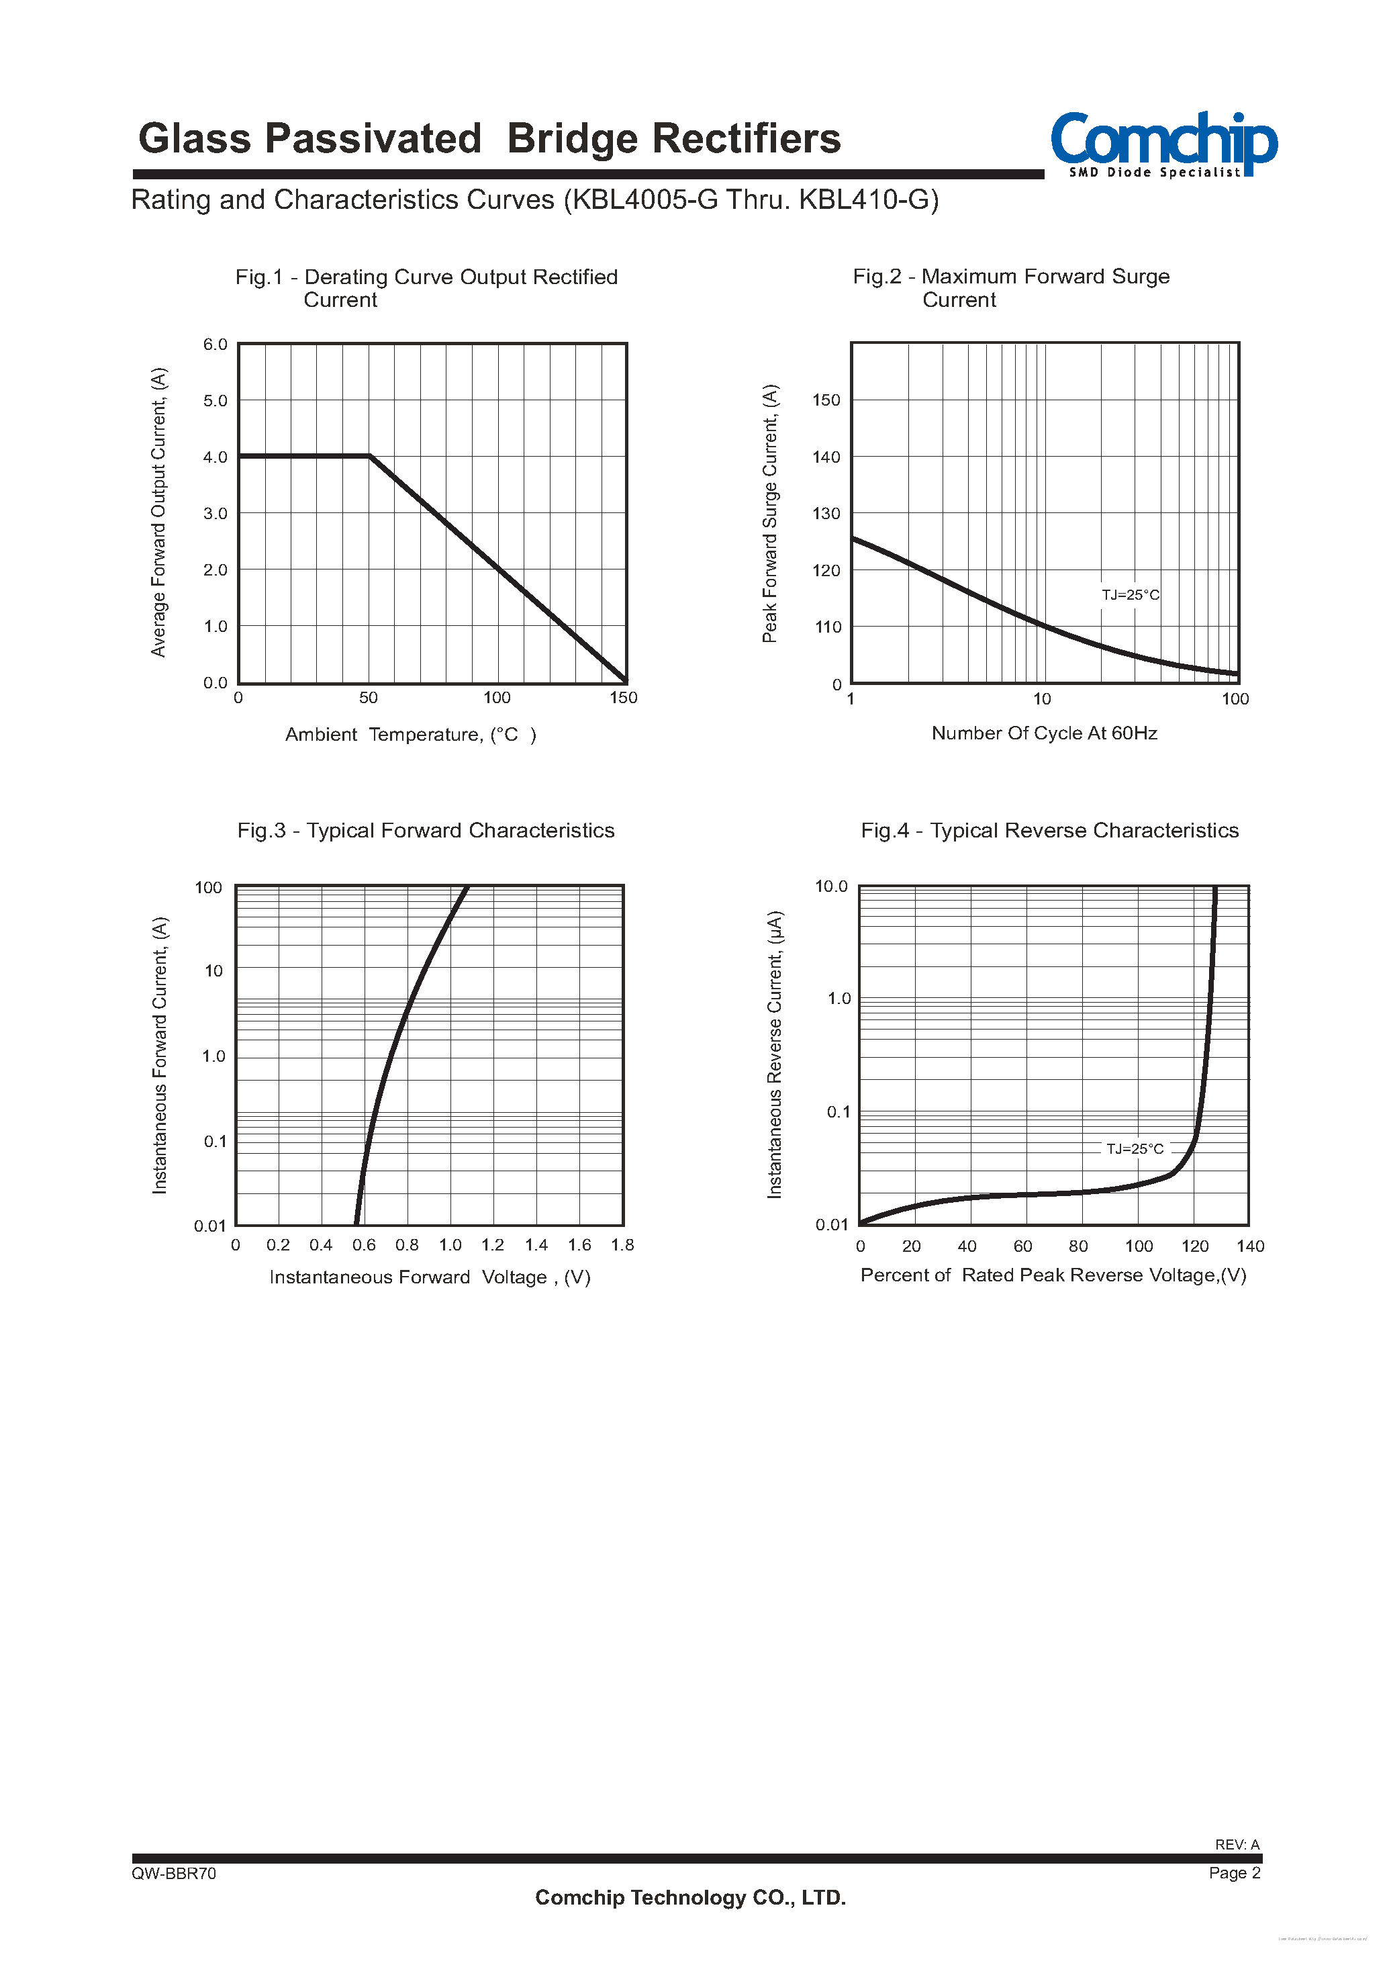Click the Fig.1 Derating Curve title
426,288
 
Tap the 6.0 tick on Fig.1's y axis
216,345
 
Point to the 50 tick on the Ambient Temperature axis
368,698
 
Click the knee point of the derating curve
370,456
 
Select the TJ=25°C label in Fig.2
1130,594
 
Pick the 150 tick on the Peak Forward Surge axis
826,400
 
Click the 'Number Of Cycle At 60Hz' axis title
1044,733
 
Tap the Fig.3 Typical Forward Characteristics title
426,830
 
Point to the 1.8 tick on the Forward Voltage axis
622,1245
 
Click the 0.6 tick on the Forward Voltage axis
364,1245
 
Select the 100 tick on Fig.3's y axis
208,887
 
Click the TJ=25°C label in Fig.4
1134,1149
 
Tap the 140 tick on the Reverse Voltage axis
1249,1246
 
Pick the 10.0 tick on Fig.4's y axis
831,886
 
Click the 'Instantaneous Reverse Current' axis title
775,1055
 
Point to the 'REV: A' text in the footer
1237,1844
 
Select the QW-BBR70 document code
175,1873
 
